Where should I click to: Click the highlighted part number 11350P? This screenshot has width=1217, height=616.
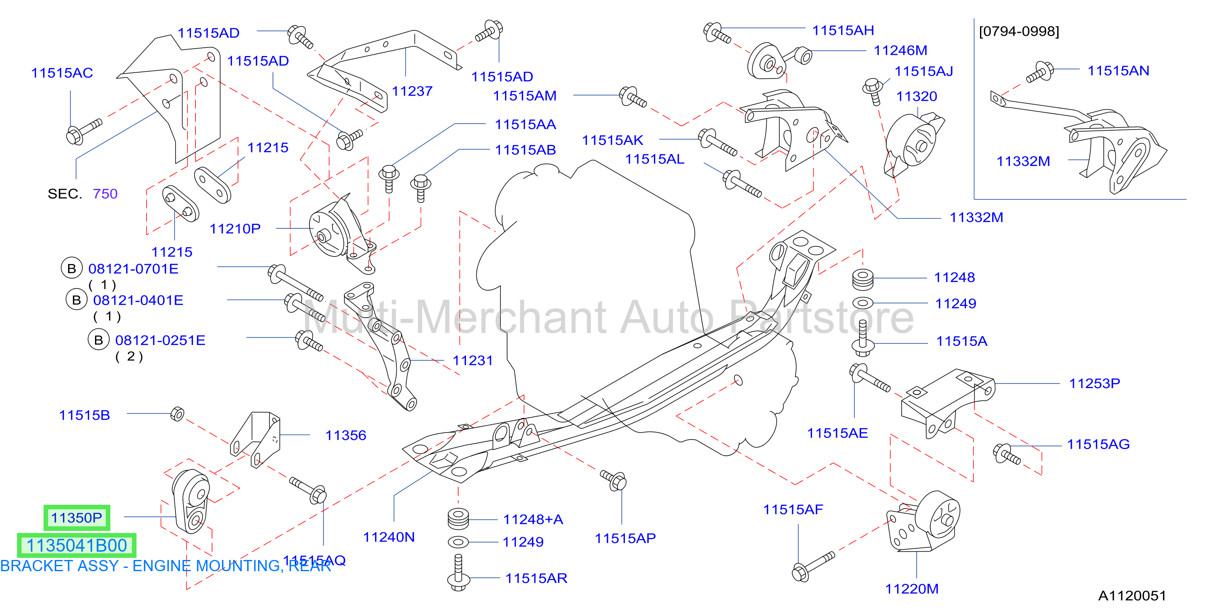click(76, 518)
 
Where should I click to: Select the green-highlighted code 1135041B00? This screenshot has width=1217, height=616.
click(76, 545)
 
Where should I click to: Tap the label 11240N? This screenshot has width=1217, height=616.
click(389, 537)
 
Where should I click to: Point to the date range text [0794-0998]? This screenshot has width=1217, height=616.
click(1019, 31)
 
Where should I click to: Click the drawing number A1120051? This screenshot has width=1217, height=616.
click(1132, 596)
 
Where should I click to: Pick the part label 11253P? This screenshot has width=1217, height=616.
click(1095, 384)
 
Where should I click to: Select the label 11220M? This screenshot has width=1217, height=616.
click(912, 589)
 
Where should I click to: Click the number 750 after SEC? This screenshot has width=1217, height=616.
click(105, 194)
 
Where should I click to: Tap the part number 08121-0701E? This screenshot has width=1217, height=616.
click(133, 269)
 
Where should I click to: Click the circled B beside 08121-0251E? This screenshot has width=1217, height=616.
click(99, 340)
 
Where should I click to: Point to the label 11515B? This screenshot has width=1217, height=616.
click(84, 415)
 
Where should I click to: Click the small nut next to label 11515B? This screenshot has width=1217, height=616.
click(177, 414)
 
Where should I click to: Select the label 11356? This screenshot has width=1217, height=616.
click(345, 435)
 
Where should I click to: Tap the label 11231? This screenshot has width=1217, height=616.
click(473, 361)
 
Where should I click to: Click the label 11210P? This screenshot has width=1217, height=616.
click(235, 229)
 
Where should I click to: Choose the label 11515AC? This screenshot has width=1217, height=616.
click(62, 73)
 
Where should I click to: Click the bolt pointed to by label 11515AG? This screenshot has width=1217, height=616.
click(1007, 454)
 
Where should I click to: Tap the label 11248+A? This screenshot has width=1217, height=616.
click(533, 520)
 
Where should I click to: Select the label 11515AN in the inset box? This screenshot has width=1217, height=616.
click(1118, 71)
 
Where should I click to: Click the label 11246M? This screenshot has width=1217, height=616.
click(900, 50)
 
